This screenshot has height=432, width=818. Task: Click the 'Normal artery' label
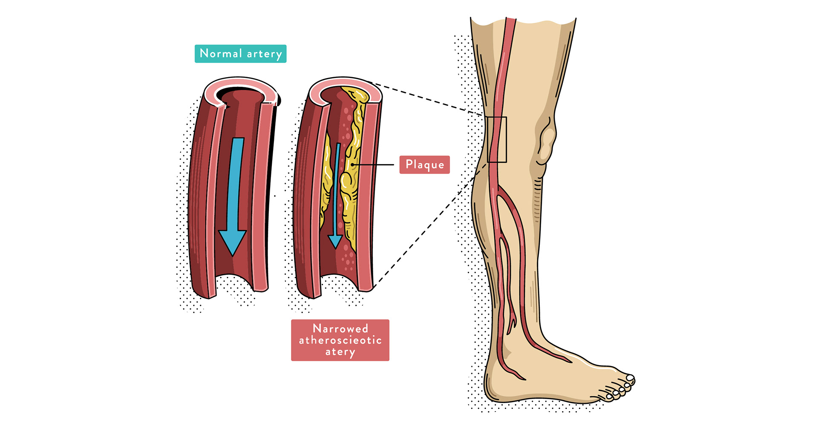click(240, 54)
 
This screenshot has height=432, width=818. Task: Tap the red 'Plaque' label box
click(424, 164)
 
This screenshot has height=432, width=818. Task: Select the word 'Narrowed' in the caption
click(340, 328)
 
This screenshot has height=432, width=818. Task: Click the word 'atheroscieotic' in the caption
click(340, 340)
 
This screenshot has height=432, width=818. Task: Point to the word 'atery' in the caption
click(340, 352)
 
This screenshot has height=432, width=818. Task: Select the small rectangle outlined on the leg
click(497, 139)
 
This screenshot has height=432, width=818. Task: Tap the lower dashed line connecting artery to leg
click(426, 226)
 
